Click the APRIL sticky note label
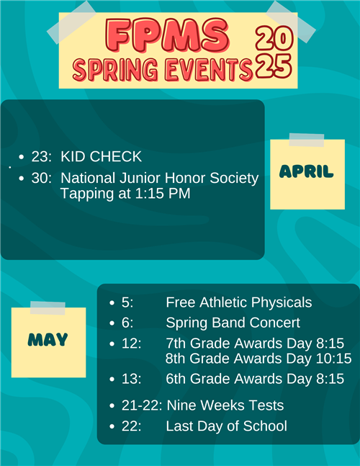307,171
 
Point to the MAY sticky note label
48,339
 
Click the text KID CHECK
101,156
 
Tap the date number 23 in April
40,156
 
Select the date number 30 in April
40,178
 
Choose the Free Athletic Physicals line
238,302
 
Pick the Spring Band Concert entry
233,323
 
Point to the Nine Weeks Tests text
225,405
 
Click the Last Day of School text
226,426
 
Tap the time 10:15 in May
335,358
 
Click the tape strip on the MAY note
48,308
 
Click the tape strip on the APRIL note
306,140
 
